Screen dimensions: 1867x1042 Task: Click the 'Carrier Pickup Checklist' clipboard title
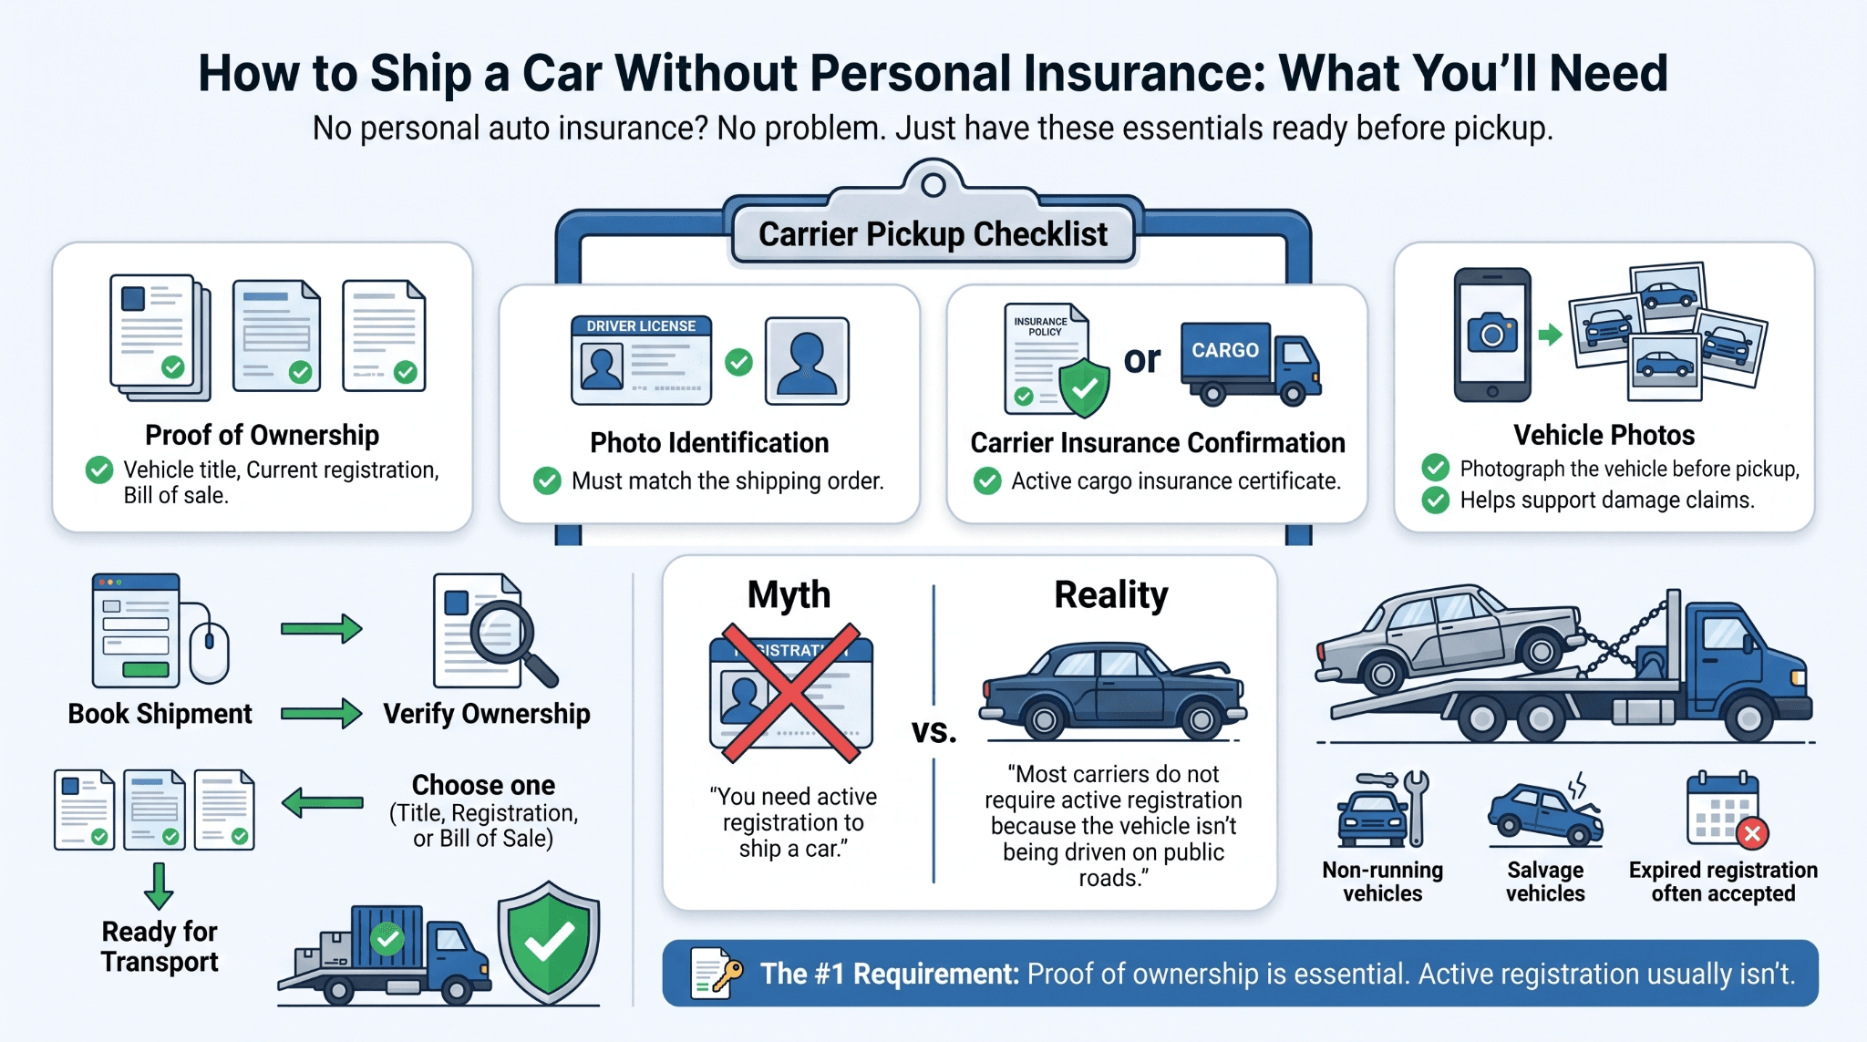(x=933, y=234)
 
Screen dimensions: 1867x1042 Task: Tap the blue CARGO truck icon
(x=1250, y=363)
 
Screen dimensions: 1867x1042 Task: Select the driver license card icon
(x=641, y=360)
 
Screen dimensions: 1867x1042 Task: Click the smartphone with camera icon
(x=1492, y=335)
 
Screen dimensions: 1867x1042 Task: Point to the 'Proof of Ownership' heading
(x=262, y=435)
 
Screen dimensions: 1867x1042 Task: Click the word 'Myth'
(x=789, y=594)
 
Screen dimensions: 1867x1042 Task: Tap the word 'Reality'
(x=1111, y=595)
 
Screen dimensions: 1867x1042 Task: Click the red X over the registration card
(x=791, y=693)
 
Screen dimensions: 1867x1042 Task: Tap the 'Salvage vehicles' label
(x=1545, y=882)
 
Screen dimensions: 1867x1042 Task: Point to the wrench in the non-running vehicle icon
(x=1416, y=808)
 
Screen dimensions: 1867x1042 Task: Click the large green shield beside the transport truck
(x=549, y=943)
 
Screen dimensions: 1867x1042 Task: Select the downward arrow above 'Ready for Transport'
(x=159, y=885)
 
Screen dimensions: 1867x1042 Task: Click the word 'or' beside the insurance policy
(x=1142, y=359)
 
